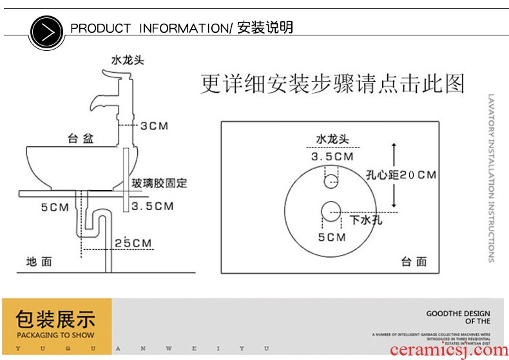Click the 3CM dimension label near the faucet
click(154, 126)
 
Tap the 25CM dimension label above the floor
click(133, 243)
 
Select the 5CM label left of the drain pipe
click(54, 207)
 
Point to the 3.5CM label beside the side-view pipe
click(153, 207)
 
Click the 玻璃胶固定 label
click(159, 184)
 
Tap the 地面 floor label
click(39, 261)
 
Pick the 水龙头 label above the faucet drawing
click(128, 60)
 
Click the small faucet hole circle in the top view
click(331, 178)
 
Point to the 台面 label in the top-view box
click(414, 261)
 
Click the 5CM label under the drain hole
click(332, 238)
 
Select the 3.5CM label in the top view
click(332, 156)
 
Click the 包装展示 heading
click(56, 319)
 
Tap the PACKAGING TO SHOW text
click(56, 335)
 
